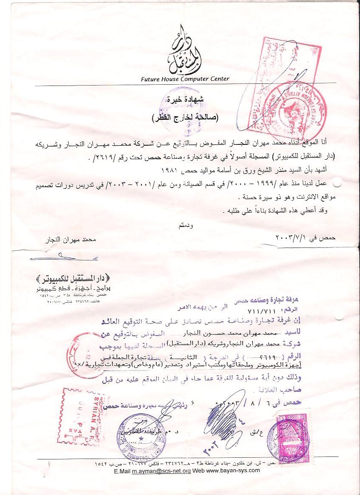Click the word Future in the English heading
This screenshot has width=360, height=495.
pos(151,79)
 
